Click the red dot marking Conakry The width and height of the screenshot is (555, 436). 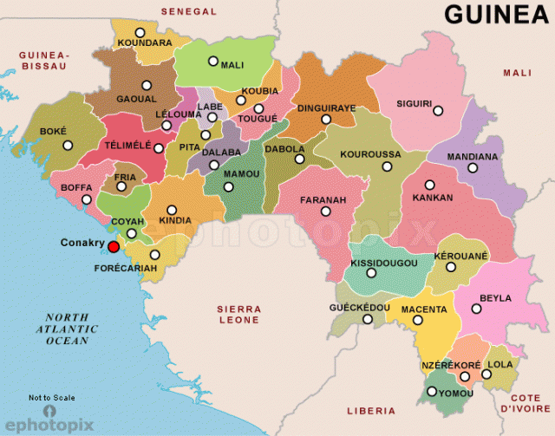point(113,247)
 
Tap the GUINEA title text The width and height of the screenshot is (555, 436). point(496,14)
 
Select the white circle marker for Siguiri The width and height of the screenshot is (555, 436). point(438,111)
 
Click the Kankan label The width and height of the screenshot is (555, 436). point(434,198)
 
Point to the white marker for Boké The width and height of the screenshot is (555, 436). point(68,146)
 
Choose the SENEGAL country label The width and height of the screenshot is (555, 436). point(188,11)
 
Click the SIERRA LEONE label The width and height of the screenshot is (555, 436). point(238,314)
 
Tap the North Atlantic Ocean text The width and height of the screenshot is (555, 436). point(68,329)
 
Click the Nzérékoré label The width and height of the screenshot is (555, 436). point(451,365)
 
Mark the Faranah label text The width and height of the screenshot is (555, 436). point(323,199)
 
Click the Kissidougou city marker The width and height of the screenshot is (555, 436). point(371,273)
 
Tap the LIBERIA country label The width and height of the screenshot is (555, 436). point(370,410)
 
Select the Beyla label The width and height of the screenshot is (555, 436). point(496,297)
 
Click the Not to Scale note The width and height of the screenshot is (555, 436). point(51,398)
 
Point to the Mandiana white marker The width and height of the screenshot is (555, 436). point(473,167)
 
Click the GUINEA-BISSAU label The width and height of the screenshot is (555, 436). point(43,60)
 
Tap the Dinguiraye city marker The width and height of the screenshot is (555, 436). point(326,120)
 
